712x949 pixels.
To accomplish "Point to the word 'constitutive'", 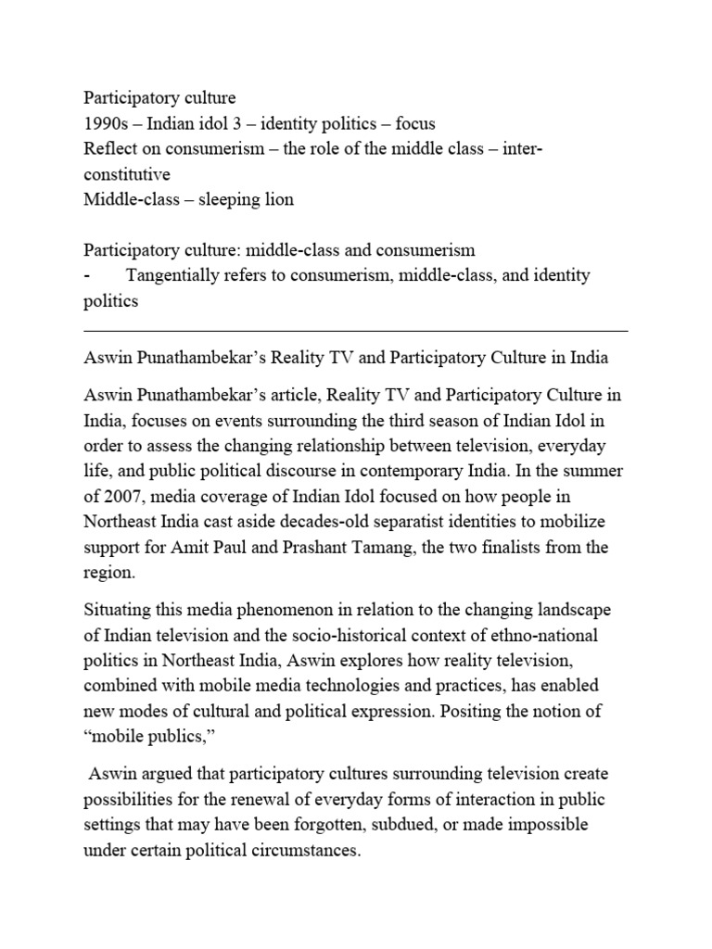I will (127, 174).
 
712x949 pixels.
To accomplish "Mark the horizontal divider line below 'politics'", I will (355, 330).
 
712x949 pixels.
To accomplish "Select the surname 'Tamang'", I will (400, 547).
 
